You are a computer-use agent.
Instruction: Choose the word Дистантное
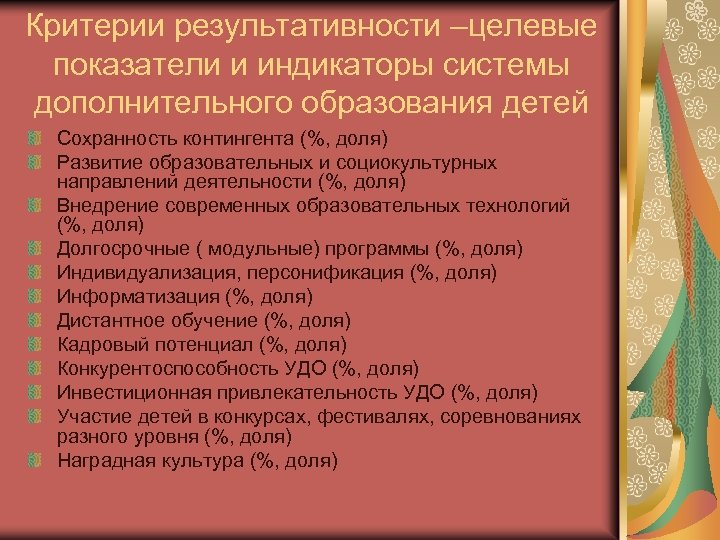(108, 320)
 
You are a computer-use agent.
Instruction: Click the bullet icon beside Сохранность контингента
(35, 136)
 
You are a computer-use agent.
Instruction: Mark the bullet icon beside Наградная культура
(35, 461)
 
